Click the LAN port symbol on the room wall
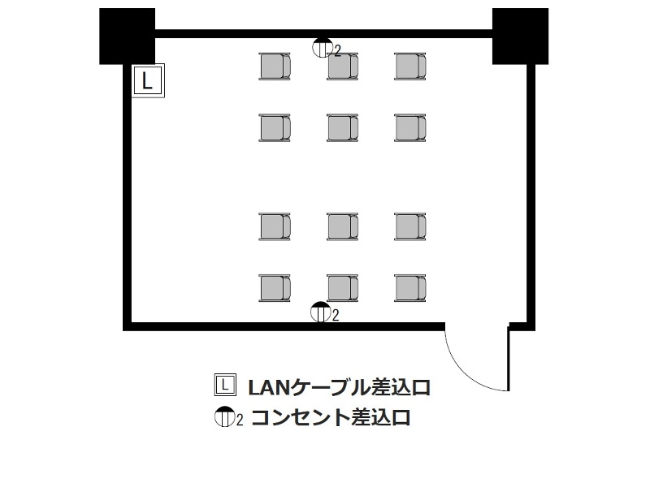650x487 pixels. tap(148, 80)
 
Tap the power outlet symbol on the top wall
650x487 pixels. tap(323, 47)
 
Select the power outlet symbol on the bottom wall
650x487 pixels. tap(321, 312)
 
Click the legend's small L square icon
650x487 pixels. tap(225, 384)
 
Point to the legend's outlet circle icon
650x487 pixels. tap(225, 416)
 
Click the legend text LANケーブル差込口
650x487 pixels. tap(339, 388)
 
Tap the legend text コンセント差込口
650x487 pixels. tap(331, 417)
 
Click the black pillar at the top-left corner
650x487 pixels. tap(128, 36)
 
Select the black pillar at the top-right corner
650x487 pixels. tap(520, 36)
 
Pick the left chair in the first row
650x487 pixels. tap(275, 67)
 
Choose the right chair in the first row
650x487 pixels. tap(410, 67)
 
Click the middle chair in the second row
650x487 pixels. tap(342, 128)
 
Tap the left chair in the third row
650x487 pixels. tap(275, 226)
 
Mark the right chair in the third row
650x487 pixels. tap(410, 226)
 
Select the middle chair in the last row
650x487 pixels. tap(342, 288)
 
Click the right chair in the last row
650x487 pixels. tap(410, 288)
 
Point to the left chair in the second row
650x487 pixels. tap(275, 128)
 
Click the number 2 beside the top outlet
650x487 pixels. tap(337, 51)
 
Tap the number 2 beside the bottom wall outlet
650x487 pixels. tap(336, 316)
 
